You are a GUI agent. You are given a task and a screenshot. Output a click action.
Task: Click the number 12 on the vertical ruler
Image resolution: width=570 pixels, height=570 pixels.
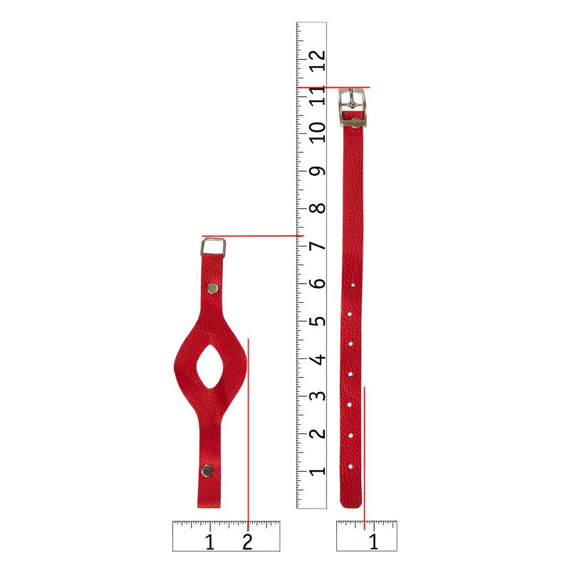pos(317,61)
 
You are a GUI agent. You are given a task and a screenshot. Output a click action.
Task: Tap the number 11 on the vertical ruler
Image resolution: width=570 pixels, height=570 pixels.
pos(317,95)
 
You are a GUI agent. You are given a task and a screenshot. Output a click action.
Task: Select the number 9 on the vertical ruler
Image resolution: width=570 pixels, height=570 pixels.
pos(317,171)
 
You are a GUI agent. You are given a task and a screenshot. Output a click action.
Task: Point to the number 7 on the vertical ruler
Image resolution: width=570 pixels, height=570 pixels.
pos(317,246)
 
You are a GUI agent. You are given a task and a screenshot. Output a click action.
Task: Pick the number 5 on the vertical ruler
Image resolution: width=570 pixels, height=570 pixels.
pos(317,321)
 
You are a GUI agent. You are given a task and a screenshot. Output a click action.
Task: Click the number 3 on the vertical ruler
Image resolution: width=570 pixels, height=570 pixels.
pos(317,395)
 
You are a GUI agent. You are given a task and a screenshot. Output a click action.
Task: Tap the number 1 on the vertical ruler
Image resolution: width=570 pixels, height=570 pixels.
pos(317,471)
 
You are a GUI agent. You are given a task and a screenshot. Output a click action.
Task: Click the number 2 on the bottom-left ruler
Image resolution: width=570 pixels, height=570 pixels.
pos(247,542)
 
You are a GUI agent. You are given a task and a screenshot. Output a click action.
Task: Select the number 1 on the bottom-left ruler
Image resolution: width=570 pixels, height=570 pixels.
pos(209,542)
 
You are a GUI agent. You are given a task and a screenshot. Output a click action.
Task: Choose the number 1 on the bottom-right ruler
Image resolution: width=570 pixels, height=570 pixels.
pos(373,542)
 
